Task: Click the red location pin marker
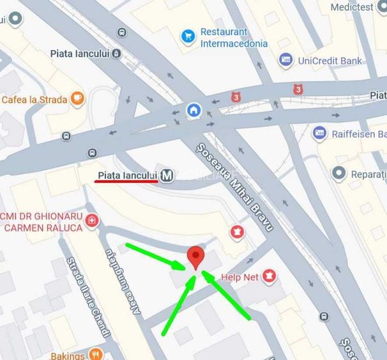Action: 195,258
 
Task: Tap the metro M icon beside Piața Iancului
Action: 167,175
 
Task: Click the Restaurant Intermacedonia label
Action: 234,38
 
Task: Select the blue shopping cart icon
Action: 188,36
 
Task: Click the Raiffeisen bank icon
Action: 320,134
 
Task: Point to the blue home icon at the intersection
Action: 193,111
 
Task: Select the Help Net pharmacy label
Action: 239,278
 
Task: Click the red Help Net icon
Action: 269,277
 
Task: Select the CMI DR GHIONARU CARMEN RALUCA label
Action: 42,221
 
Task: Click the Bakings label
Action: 68,356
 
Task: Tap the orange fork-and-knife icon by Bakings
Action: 96,354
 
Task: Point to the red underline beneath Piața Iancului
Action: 126,182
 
